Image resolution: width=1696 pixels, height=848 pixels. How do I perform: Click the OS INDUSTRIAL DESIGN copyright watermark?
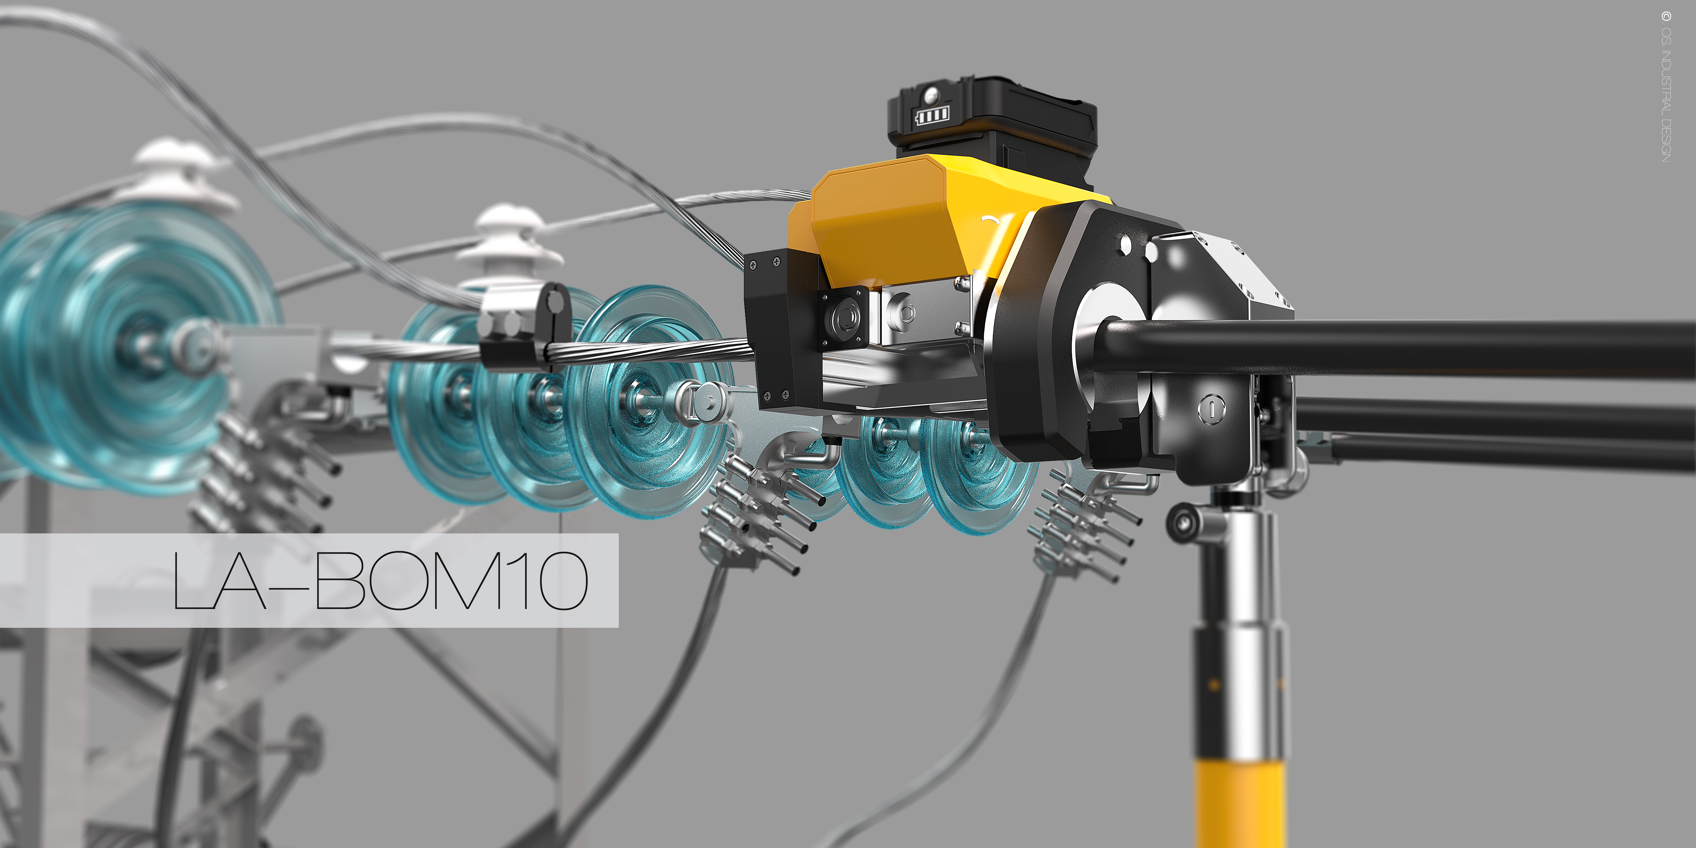(x=1666, y=85)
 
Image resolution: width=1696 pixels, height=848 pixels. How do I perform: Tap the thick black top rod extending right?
(x=1448, y=349)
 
